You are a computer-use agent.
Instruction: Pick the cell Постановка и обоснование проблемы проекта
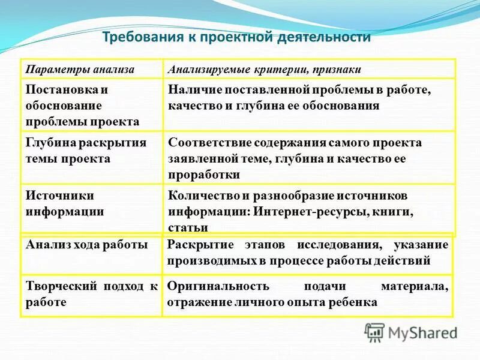pyautogui.click(x=83, y=106)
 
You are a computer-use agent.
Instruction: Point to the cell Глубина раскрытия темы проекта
pyautogui.click(x=86, y=151)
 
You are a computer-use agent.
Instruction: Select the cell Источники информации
pyautogui.click(x=65, y=203)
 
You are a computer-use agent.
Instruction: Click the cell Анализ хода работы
pyautogui.click(x=86, y=244)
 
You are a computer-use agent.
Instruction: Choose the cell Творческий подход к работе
pyautogui.click(x=91, y=294)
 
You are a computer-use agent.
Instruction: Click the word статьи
pyautogui.click(x=188, y=227)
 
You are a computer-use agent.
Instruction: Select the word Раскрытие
pyautogui.click(x=197, y=245)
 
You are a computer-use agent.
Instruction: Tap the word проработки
pyautogui.click(x=204, y=175)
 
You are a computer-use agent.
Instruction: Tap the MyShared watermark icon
pyautogui.click(x=374, y=332)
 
